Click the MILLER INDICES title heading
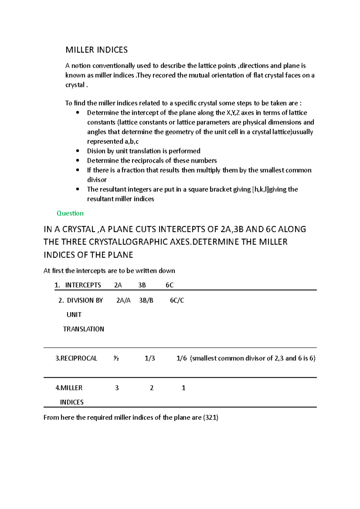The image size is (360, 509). pyautogui.click(x=97, y=50)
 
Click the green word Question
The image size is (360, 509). pyautogui.click(x=70, y=213)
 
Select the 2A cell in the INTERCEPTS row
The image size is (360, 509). pyautogui.click(x=118, y=285)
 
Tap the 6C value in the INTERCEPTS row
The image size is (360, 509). pyautogui.click(x=169, y=285)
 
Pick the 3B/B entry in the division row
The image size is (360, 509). pyautogui.click(x=146, y=300)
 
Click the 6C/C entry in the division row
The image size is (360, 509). pyautogui.click(x=177, y=300)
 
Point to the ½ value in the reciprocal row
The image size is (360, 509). pyautogui.click(x=116, y=358)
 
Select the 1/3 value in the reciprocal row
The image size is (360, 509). pyautogui.click(x=150, y=358)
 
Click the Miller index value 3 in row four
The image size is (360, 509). pyautogui.click(x=117, y=388)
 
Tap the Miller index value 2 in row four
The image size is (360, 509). pyautogui.click(x=151, y=388)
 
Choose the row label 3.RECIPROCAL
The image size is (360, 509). pyautogui.click(x=76, y=358)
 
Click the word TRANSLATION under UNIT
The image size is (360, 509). pyautogui.click(x=83, y=329)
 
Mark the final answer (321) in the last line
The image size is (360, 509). pyautogui.click(x=211, y=417)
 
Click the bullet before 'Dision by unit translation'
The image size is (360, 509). pyautogui.click(x=78, y=151)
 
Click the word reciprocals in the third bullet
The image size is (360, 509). pyautogui.click(x=148, y=160)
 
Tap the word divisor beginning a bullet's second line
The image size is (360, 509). pyautogui.click(x=97, y=180)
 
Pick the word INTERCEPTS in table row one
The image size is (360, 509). pyautogui.click(x=83, y=285)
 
